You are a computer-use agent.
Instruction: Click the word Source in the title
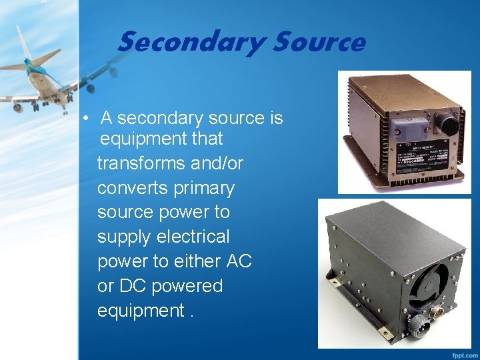click(318, 43)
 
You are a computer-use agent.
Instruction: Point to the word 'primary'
click(203, 188)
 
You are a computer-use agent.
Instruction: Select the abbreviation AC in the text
click(239, 261)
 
